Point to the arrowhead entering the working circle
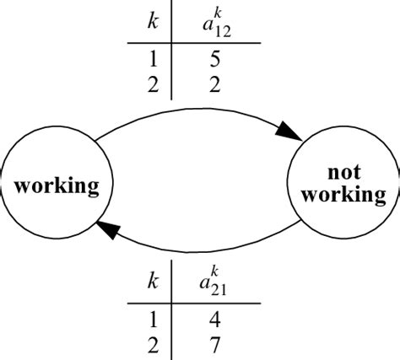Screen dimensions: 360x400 108,225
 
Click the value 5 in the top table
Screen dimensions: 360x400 216,61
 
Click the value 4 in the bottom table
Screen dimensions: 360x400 216,320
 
